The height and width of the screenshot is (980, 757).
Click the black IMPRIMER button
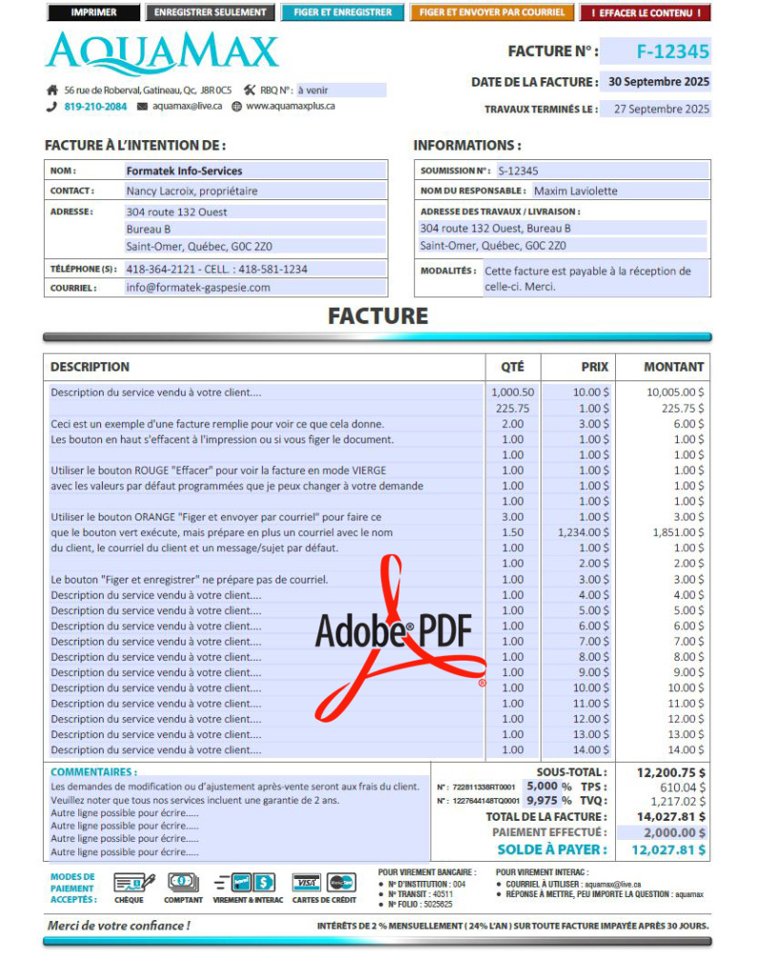tap(93, 13)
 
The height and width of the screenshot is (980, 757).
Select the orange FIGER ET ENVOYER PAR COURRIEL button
tap(491, 13)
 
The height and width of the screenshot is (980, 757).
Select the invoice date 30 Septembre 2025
tap(659, 82)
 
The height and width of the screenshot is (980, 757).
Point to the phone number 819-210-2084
tap(95, 107)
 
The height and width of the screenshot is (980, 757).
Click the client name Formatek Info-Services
tap(184, 171)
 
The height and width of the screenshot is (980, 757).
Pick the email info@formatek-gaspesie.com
tap(198, 287)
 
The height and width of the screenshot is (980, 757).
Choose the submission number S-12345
tap(518, 171)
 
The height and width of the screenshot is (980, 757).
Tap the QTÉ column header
tap(512, 366)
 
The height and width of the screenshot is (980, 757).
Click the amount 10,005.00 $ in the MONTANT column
tap(675, 392)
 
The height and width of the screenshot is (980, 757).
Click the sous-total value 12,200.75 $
tap(671, 772)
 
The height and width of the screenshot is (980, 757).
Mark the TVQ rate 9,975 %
tap(549, 801)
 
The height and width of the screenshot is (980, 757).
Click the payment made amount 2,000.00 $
tap(672, 832)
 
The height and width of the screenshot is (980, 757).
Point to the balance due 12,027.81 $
tap(668, 849)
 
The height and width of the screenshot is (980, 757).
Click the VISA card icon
tap(306, 882)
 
